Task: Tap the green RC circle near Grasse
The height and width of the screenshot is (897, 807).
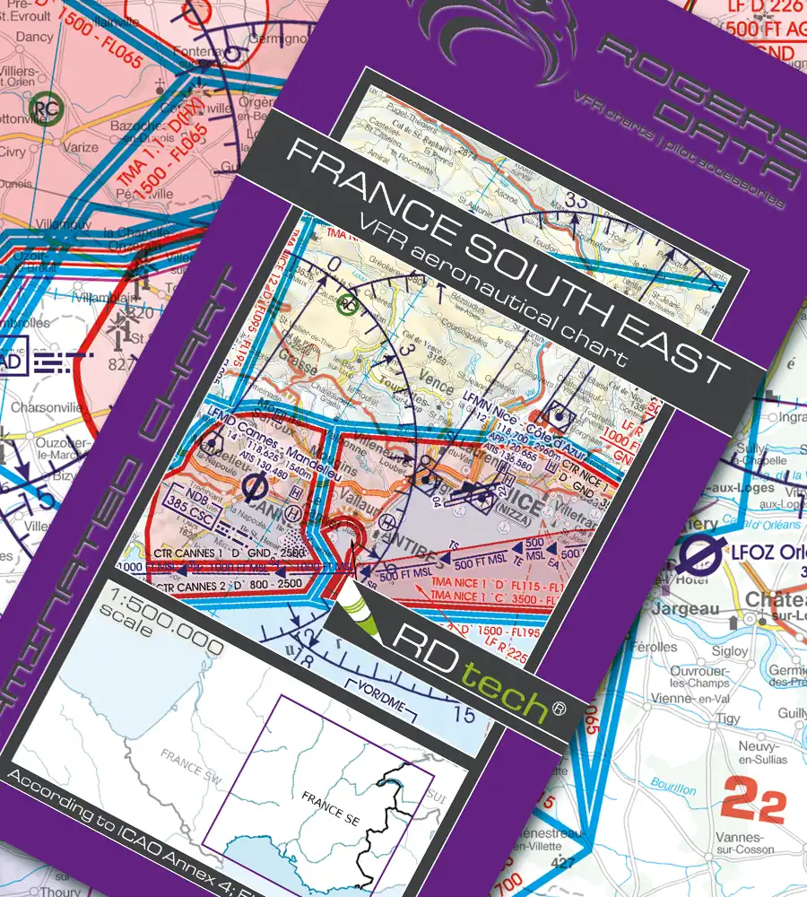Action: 347,305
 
